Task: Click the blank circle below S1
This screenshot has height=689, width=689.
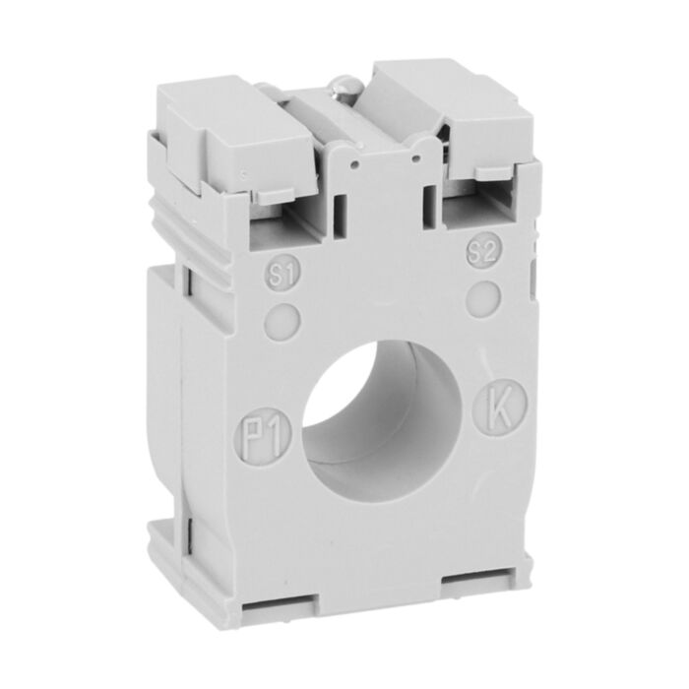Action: point(283,318)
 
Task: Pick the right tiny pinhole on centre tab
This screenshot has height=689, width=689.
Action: point(417,150)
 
